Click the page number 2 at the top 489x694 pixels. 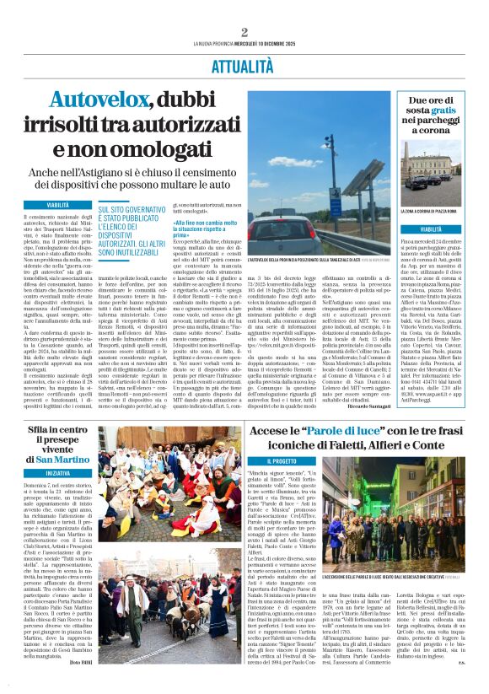click(244, 32)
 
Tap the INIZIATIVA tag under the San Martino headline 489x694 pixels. click(58, 474)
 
